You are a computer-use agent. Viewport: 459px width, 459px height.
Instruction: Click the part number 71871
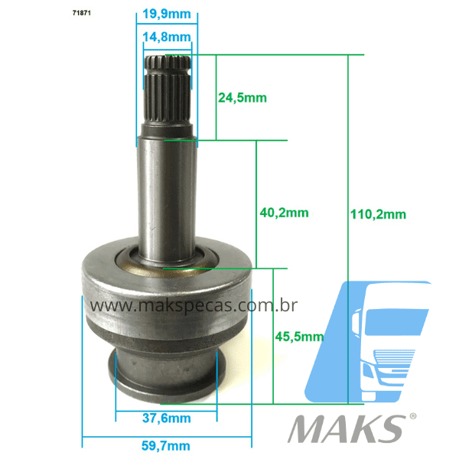click(x=60, y=14)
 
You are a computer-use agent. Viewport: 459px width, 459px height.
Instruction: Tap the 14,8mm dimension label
click(x=167, y=37)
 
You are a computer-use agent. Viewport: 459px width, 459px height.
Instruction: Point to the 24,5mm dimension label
click(x=242, y=97)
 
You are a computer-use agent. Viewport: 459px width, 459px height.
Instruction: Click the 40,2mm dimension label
click(x=284, y=213)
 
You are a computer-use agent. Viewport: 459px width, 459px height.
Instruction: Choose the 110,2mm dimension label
click(x=379, y=214)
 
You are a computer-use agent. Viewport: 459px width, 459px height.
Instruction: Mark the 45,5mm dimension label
click(x=299, y=336)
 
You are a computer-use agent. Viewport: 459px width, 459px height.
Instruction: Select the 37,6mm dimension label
click(x=166, y=418)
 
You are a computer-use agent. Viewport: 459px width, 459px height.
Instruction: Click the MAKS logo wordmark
click(x=346, y=428)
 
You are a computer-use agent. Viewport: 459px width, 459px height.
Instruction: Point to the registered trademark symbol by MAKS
click(x=413, y=417)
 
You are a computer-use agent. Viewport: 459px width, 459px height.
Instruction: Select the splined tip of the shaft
click(x=168, y=96)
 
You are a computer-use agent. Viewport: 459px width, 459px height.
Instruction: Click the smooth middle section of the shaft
click(x=167, y=199)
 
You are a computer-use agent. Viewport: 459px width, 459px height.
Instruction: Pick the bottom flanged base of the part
click(x=166, y=375)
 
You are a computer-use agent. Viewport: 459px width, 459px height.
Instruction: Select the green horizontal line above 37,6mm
click(x=166, y=409)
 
